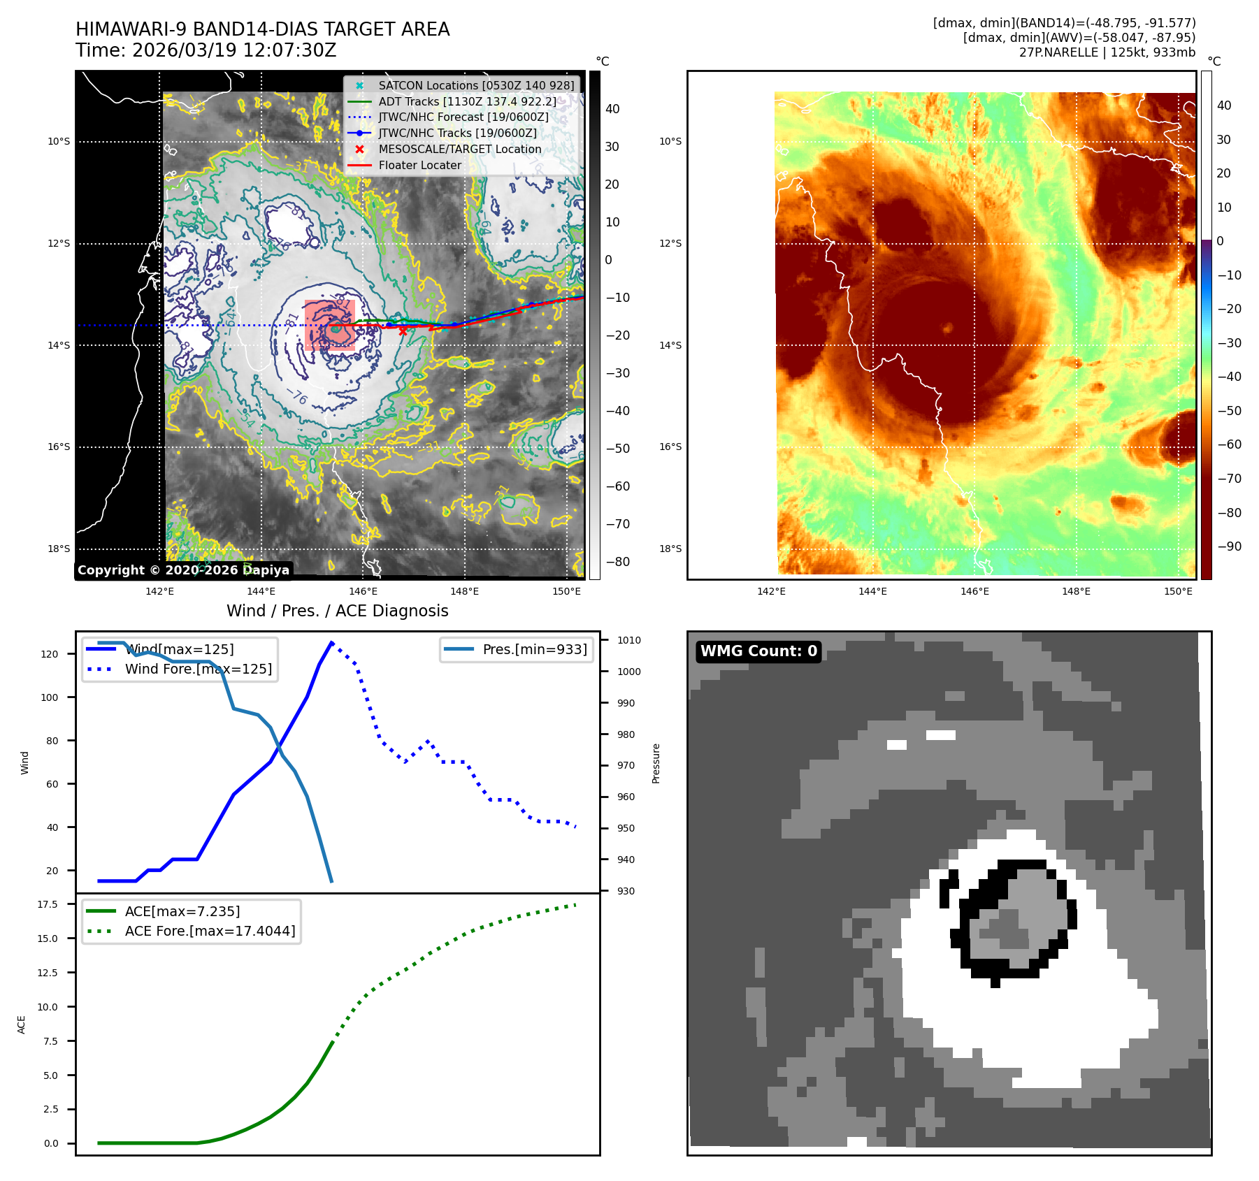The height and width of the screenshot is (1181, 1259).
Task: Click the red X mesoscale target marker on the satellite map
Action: pyautogui.click(x=403, y=332)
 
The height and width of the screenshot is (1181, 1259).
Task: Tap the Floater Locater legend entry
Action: pyautogui.click(x=419, y=165)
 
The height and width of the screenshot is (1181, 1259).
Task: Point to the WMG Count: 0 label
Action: pyautogui.click(x=758, y=651)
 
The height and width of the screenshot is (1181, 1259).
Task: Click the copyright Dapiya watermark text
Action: pyautogui.click(x=183, y=570)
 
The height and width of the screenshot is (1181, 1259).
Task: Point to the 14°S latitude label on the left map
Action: pyautogui.click(x=59, y=345)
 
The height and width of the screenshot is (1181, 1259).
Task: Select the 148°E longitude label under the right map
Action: pyautogui.click(x=1076, y=591)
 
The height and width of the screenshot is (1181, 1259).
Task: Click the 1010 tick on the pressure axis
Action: pyautogui.click(x=628, y=640)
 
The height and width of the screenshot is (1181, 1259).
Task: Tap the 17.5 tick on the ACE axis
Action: pyautogui.click(x=48, y=904)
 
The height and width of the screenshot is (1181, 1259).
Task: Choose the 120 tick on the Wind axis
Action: pyautogui.click(x=50, y=654)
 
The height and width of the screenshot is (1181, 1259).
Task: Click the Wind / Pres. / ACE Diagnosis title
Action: pyautogui.click(x=337, y=611)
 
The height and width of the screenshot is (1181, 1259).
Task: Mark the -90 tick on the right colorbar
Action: pyautogui.click(x=1229, y=546)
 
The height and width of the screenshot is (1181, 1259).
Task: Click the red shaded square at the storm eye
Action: pyautogui.click(x=330, y=325)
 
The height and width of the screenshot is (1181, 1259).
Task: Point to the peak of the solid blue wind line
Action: pyautogui.click(x=331, y=642)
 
